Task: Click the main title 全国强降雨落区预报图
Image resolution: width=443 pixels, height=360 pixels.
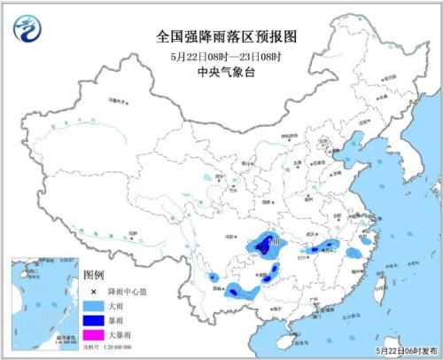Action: click(x=222, y=37)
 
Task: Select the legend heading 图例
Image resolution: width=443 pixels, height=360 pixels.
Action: click(x=93, y=275)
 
